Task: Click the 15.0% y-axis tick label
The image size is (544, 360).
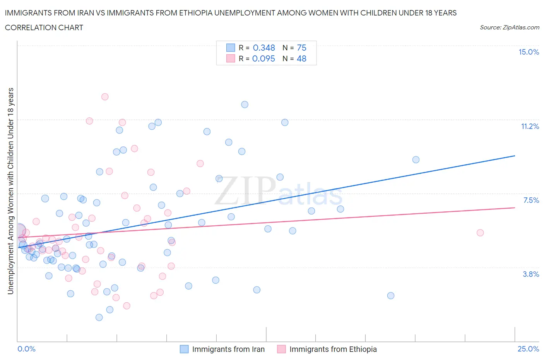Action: [529, 52]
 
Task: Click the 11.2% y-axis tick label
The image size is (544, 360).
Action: [530, 127]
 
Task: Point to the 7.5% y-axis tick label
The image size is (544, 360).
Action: [531, 200]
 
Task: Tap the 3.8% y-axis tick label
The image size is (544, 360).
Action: [531, 274]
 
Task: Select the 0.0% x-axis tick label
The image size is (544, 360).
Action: [27, 349]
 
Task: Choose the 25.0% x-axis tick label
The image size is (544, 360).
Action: [528, 349]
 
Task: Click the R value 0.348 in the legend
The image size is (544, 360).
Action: [264, 48]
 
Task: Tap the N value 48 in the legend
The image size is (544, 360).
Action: [301, 58]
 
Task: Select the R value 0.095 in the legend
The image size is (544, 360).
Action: [263, 58]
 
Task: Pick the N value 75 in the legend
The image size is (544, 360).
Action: [301, 48]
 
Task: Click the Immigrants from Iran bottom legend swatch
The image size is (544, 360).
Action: [184, 349]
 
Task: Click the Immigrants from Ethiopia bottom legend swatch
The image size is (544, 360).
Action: [281, 349]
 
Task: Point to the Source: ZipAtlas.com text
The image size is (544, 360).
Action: [509, 27]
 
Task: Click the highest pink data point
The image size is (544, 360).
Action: [105, 97]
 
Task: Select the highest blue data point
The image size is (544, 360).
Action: [245, 105]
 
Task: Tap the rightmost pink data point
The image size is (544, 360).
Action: [480, 233]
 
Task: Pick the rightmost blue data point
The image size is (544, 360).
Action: [416, 159]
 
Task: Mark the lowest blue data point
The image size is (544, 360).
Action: [99, 317]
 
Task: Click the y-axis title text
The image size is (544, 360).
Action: [11, 191]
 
